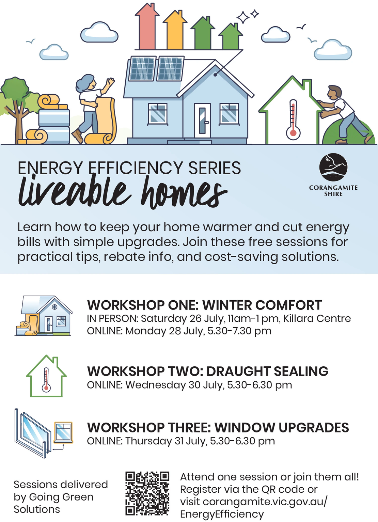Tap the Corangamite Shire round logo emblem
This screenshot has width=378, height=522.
333,167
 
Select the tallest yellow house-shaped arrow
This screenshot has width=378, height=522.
175,30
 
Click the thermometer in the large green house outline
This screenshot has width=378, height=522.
293,120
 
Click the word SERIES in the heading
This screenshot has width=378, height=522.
215,168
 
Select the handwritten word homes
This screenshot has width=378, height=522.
184,192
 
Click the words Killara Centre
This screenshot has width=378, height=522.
317,318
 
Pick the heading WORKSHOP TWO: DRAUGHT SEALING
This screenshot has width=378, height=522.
207,371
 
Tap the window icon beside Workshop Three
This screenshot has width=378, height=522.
44,433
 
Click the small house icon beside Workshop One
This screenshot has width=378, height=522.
44,316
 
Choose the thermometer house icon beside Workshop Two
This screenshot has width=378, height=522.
46,376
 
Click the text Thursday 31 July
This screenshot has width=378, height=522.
166,441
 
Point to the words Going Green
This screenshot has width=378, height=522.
61,497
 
